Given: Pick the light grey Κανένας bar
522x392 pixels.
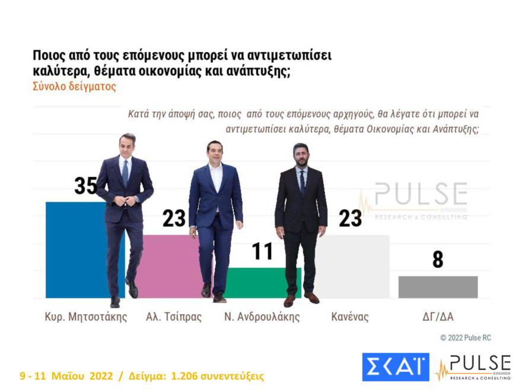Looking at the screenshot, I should point(356,267).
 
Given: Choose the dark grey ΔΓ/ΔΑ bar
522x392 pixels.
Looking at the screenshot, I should point(438,287).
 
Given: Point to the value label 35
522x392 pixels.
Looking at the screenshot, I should point(86,186).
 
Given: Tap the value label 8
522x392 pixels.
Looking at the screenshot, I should point(438,260).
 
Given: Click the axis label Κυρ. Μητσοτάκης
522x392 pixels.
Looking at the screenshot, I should point(86,317).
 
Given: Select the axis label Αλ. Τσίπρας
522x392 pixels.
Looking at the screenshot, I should point(174,317).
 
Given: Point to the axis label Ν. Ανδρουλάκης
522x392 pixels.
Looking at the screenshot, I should point(262,317).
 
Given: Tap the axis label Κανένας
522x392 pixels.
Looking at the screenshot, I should point(349,317).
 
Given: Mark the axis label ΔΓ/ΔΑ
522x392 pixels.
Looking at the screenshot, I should point(437,317).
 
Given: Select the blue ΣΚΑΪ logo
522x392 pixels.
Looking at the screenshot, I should point(395,367).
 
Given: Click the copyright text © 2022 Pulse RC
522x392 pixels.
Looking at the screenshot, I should point(465,338).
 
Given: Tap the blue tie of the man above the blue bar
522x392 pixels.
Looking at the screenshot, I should point(125,172).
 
